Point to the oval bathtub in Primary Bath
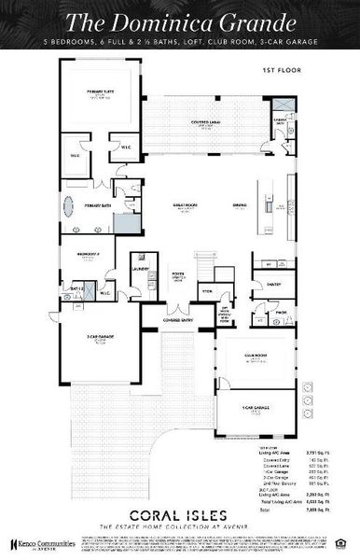point(71,207)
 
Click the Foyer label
point(178,276)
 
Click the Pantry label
point(274,284)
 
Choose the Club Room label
point(254,356)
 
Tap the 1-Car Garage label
point(254,408)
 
